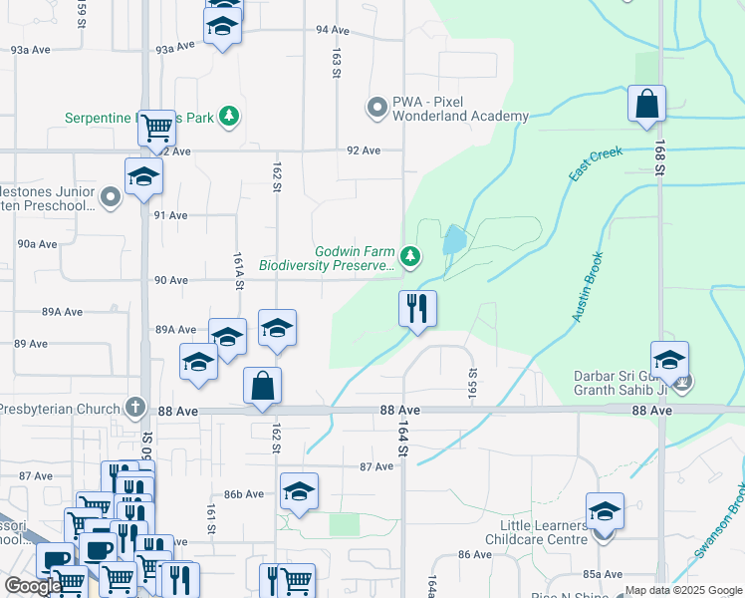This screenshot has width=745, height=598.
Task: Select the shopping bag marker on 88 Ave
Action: point(262,386)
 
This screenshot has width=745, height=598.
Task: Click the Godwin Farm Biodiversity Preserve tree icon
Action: point(410,258)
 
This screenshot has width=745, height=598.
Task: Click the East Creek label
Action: point(596,163)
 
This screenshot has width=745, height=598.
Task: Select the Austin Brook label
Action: point(589,285)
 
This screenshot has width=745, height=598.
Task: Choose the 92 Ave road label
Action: point(364,150)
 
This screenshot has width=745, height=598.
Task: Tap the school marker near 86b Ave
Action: point(299,490)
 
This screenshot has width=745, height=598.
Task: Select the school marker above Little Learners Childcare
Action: point(605,510)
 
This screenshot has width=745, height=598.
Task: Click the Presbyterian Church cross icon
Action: point(135,407)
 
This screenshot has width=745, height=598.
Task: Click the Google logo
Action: point(33,587)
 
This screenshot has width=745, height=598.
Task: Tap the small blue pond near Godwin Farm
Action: point(454,239)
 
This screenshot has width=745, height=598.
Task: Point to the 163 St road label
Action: point(338,63)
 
